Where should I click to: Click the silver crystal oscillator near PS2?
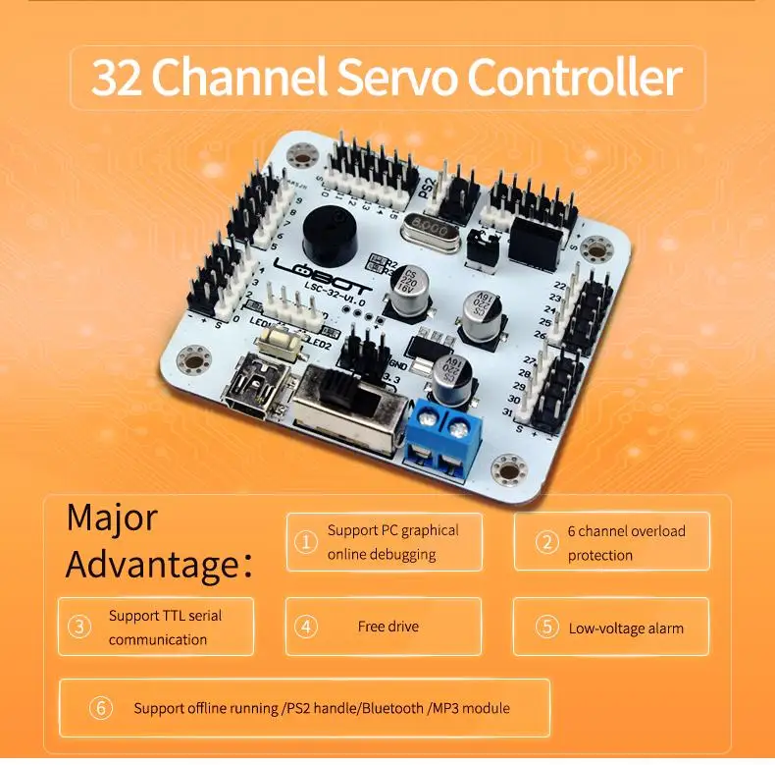pyautogui.click(x=428, y=227)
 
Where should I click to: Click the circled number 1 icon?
pyautogui.click(x=307, y=542)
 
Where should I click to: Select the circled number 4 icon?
pyautogui.click(x=307, y=627)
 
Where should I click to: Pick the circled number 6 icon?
pyautogui.click(x=101, y=707)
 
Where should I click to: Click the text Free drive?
pyautogui.click(x=387, y=627)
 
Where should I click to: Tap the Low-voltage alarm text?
pyautogui.click(x=626, y=628)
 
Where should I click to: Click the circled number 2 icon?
pyautogui.click(x=546, y=542)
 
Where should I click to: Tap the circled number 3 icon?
pyautogui.click(x=79, y=627)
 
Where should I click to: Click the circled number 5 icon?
pyautogui.click(x=546, y=628)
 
